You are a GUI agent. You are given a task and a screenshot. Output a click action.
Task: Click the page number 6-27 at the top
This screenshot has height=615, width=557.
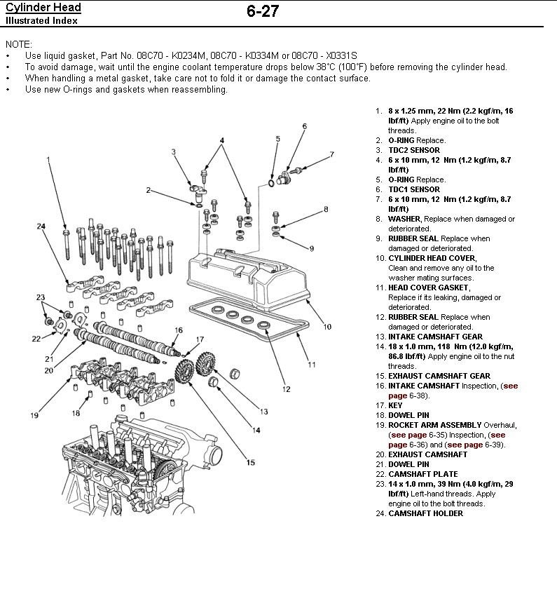263,13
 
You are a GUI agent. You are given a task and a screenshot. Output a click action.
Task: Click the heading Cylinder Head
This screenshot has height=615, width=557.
43,8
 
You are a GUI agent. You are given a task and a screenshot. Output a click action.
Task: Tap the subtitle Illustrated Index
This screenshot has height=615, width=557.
41,20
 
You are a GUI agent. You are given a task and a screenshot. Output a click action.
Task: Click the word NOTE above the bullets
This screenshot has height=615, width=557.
18,43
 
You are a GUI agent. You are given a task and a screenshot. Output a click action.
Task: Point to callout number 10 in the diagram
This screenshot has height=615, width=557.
327,327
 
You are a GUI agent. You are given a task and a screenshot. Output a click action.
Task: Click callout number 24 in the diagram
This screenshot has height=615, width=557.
41,226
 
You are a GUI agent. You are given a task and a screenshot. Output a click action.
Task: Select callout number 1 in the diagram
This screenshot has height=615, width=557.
48,159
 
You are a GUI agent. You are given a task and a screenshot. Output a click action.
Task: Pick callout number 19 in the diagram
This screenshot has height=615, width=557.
34,417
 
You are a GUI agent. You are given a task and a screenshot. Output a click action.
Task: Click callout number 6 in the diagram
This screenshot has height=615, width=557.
305,126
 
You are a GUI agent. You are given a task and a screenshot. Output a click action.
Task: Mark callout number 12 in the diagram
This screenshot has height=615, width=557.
285,389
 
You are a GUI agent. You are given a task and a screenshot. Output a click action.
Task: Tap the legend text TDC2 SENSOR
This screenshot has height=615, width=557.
414,150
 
